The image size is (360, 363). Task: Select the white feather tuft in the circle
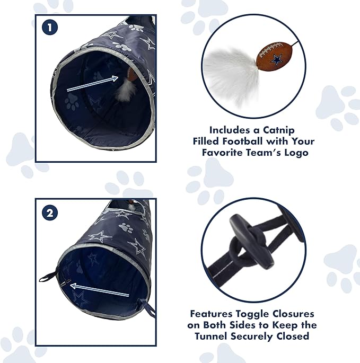click(230, 72)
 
